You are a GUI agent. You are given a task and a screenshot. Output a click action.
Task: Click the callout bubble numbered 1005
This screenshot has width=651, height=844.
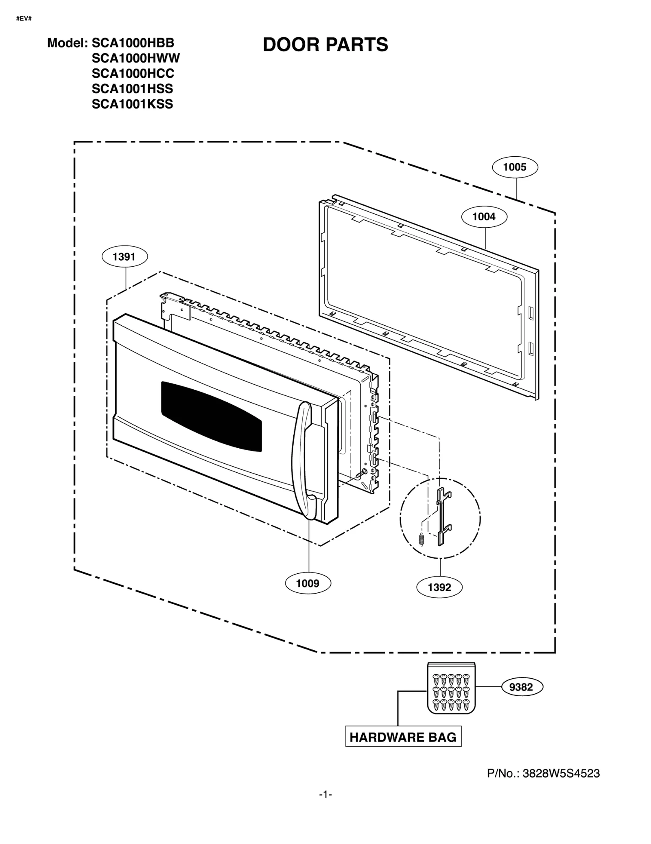tap(514, 167)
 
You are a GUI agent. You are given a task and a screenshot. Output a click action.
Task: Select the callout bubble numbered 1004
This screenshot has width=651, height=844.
tap(483, 217)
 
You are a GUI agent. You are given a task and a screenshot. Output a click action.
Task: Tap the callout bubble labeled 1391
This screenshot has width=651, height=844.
tap(124, 256)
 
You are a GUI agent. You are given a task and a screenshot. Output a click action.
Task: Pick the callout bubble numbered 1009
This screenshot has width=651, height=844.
tap(308, 583)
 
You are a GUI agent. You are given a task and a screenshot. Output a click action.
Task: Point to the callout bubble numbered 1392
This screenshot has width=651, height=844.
tap(439, 587)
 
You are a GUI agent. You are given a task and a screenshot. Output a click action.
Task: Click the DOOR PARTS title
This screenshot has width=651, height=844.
tap(325, 45)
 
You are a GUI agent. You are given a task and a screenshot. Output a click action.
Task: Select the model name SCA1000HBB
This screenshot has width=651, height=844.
tap(133, 43)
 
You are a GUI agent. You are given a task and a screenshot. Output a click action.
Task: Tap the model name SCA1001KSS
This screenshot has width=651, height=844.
tap(132, 104)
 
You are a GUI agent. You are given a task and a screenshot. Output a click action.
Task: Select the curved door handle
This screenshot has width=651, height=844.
tap(301, 460)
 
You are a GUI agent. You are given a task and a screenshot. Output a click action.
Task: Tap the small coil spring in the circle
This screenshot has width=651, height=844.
tap(422, 539)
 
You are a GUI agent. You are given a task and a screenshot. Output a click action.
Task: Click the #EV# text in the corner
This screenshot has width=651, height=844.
tap(24, 19)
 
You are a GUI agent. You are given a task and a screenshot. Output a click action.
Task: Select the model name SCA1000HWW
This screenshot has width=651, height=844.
tap(135, 58)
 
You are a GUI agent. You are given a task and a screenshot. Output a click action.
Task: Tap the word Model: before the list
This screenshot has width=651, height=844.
tap(67, 43)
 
